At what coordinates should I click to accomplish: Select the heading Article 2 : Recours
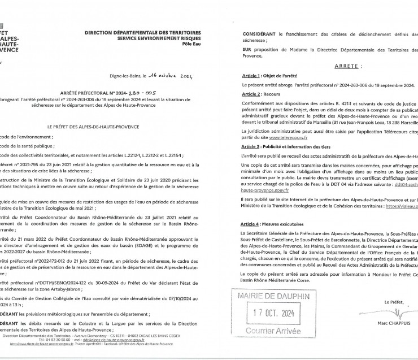click(x=256, y=93)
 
